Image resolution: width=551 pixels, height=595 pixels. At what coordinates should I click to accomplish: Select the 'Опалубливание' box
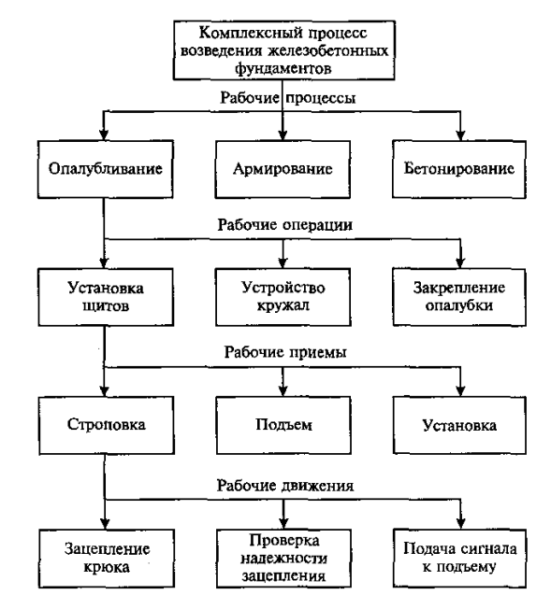[105, 171]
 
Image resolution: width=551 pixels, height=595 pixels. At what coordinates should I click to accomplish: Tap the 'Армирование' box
[282, 171]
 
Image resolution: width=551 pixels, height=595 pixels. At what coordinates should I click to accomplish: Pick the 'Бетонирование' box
[458, 171]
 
